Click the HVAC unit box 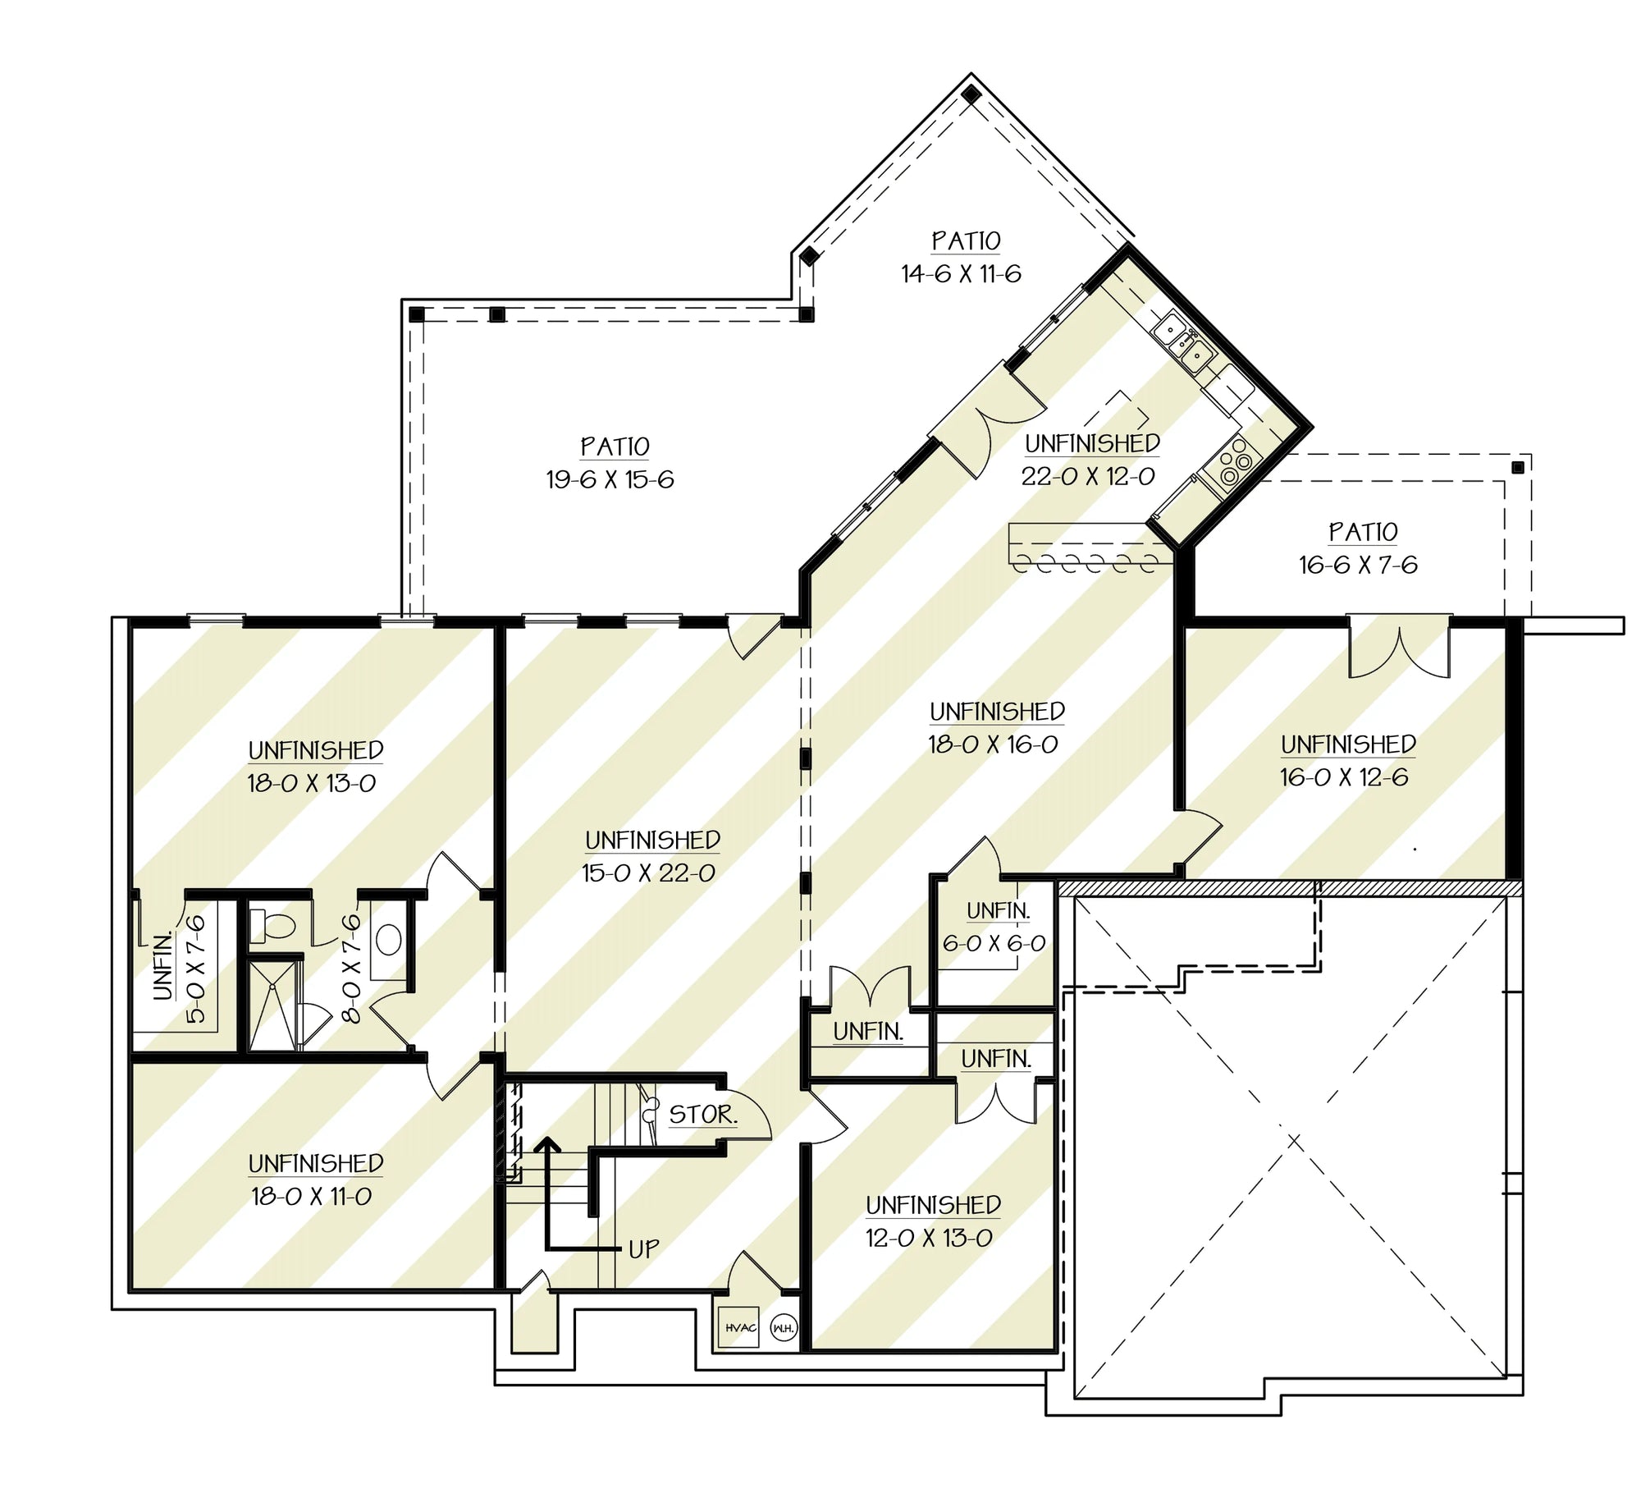click(x=738, y=1328)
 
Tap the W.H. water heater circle click(x=784, y=1328)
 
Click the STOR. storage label click(x=703, y=1115)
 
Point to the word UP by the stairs click(x=644, y=1249)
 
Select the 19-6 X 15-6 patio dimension click(x=610, y=479)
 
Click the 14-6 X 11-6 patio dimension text click(x=962, y=273)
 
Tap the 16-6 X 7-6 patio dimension click(x=1358, y=565)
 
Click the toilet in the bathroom click(x=272, y=926)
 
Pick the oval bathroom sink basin click(x=388, y=941)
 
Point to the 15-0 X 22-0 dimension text click(x=648, y=873)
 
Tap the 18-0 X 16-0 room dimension click(x=993, y=744)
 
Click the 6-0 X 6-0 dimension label click(x=994, y=944)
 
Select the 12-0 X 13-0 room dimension click(x=929, y=1238)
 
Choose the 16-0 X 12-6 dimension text click(x=1344, y=777)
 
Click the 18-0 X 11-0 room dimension click(x=312, y=1197)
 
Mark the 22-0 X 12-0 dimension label click(x=1088, y=476)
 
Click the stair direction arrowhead click(x=546, y=1146)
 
